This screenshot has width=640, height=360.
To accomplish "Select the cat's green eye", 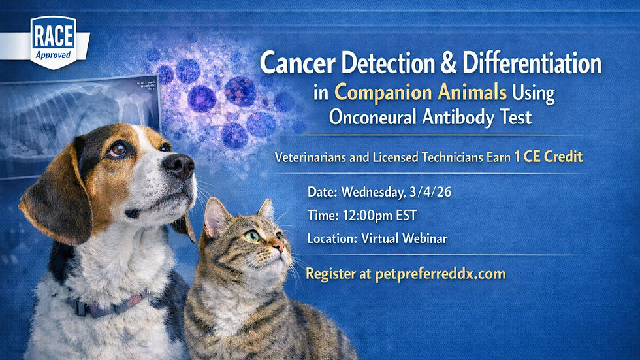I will click(x=251, y=236).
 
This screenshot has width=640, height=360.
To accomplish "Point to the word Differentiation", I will click(x=532, y=64).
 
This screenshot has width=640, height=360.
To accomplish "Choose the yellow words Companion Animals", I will click(x=421, y=93).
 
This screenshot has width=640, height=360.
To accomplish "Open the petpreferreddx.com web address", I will click(x=441, y=273).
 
